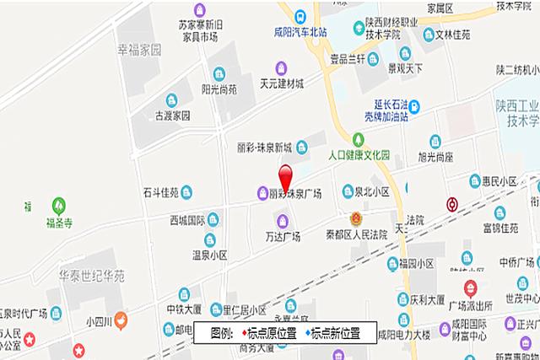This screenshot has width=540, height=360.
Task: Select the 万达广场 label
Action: (283, 236)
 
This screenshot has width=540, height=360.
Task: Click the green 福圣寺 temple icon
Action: (58, 204)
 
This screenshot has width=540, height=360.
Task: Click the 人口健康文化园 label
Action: (359, 156)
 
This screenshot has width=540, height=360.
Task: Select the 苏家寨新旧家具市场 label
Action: (196, 30)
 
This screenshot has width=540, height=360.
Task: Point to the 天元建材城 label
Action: (282, 84)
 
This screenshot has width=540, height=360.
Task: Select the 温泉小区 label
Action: (210, 254)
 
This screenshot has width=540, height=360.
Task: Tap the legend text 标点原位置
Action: (270, 334)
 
